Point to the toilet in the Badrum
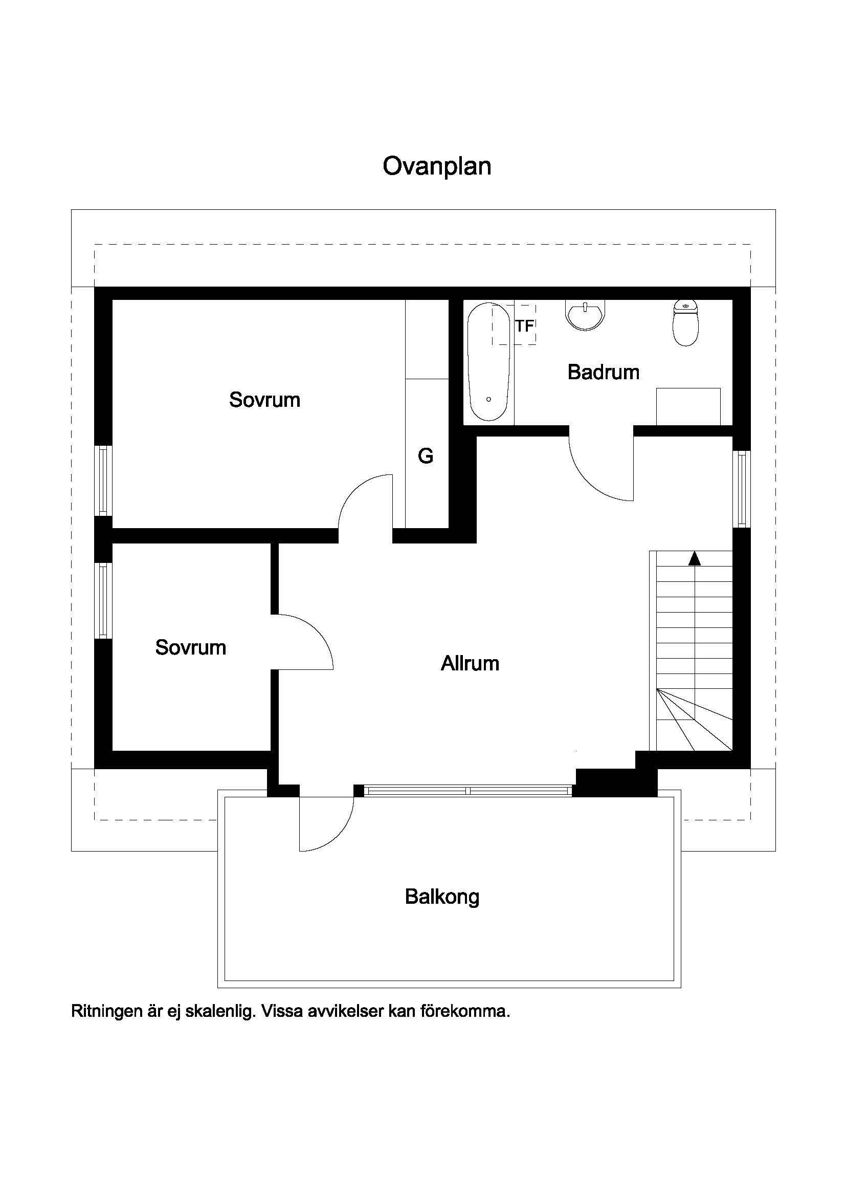click(685, 323)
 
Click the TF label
click(525, 326)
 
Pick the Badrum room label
click(603, 372)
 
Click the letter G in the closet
click(426, 456)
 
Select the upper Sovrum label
click(264, 400)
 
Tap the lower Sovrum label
click(191, 647)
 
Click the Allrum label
click(470, 663)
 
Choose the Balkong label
click(442, 897)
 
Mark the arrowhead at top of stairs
click(695, 559)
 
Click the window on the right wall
click(741, 489)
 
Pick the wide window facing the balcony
click(468, 791)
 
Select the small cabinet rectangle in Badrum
click(688, 407)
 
